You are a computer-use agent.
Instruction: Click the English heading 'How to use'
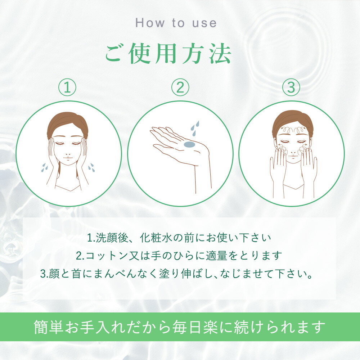point(176,23)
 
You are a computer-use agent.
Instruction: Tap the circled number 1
point(67,88)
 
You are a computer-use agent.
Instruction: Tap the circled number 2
point(180,88)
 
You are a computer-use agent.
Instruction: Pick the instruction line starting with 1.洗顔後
point(179,238)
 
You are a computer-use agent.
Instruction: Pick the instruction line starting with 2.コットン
point(179,256)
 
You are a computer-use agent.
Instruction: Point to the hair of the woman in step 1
point(67,121)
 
